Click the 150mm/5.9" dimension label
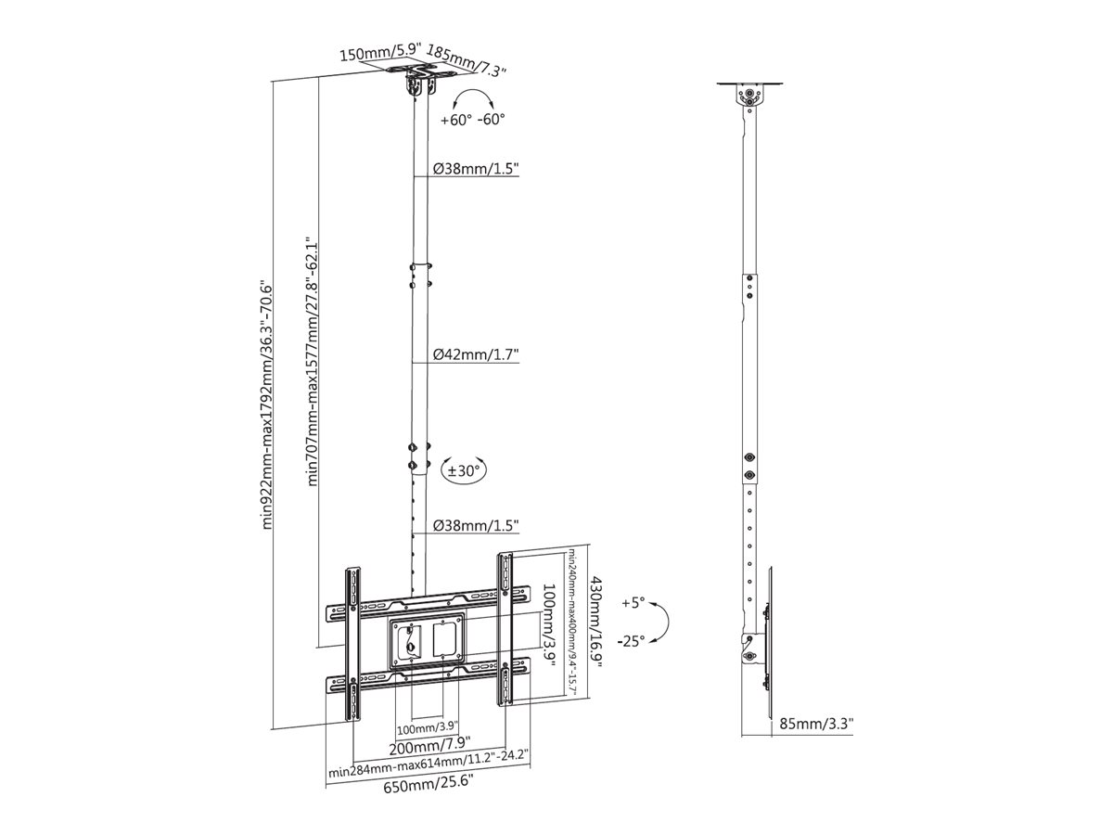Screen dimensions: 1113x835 point(380,52)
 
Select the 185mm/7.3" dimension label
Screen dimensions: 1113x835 point(467,59)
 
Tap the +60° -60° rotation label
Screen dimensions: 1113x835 point(473,120)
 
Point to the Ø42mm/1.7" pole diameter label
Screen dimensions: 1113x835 point(476,354)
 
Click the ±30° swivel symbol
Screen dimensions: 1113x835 point(464,471)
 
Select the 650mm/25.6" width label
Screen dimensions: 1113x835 point(429,788)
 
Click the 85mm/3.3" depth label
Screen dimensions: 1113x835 point(816,723)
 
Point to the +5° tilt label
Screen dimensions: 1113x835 point(633,602)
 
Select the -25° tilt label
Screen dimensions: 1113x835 point(631,642)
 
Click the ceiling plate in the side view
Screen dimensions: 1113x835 point(750,83)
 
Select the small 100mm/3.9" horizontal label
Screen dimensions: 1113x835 point(428,729)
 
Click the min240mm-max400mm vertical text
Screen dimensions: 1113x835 point(571,625)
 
